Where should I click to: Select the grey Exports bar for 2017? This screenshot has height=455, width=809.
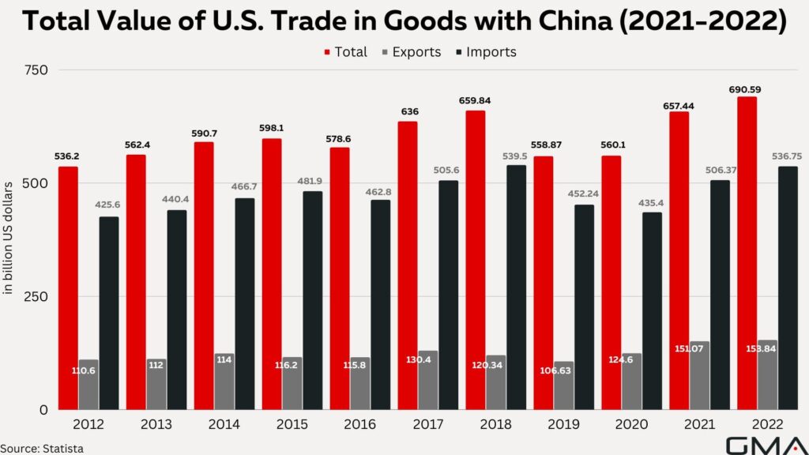click(428, 380)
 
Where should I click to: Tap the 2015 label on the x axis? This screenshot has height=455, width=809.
click(292, 425)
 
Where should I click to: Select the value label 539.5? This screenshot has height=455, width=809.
click(516, 156)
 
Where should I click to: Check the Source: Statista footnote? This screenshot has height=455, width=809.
click(42, 448)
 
